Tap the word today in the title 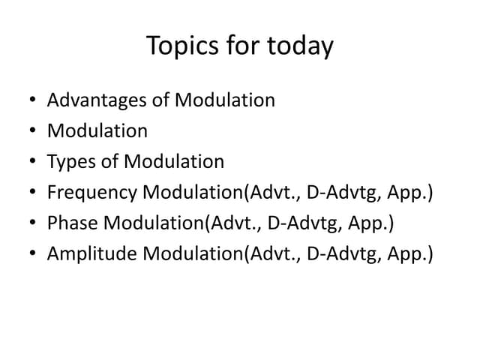click(298, 46)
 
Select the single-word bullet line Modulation click(97, 130)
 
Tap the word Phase click(70, 223)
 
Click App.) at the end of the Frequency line click(412, 193)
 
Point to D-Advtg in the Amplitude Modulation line click(349, 254)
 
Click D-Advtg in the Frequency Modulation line click(349, 193)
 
